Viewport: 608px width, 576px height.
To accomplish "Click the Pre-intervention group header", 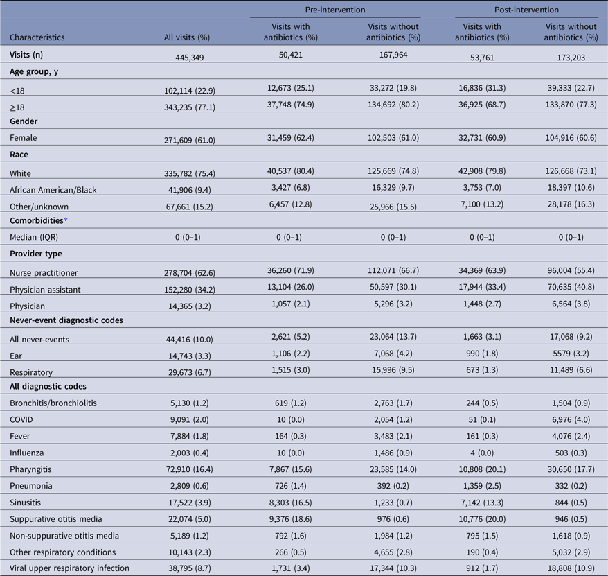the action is pyautogui.click(x=335, y=10).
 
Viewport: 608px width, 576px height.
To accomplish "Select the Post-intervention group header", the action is pyautogui.click(x=526, y=10).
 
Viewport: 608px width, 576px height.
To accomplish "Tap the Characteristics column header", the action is pyautogui.click(x=37, y=37).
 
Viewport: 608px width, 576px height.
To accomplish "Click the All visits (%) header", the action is pyautogui.click(x=187, y=37).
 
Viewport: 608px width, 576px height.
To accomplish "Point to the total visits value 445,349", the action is pyautogui.click(x=189, y=58).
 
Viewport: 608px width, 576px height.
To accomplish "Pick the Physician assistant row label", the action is pyautogui.click(x=46, y=290).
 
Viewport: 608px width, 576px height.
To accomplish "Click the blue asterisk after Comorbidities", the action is pyautogui.click(x=66, y=220).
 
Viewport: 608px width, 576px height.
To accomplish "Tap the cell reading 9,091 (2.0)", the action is pyautogui.click(x=189, y=419).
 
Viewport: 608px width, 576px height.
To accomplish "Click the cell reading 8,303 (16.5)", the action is pyautogui.click(x=290, y=503).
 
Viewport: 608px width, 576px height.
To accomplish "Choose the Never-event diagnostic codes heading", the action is pyautogui.click(x=66, y=320).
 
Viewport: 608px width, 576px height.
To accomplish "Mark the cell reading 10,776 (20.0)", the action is pyautogui.click(x=482, y=519).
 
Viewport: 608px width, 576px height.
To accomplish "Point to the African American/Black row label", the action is pyautogui.click(x=53, y=190).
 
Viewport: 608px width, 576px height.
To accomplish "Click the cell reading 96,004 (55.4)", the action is pyautogui.click(x=571, y=270).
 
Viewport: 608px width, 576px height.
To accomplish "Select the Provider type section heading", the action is pyautogui.click(x=36, y=254).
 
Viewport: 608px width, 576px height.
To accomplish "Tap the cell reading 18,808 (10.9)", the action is pyautogui.click(x=571, y=568).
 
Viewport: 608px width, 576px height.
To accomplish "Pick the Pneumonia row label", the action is pyautogui.click(x=26, y=486).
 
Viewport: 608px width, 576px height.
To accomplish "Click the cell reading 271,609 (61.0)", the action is pyautogui.click(x=189, y=140).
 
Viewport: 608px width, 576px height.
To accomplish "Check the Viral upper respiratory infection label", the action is pyautogui.click(x=69, y=568).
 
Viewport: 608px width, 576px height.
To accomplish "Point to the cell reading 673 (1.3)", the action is pyautogui.click(x=482, y=370).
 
